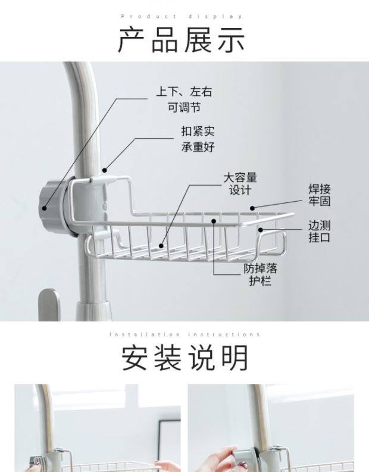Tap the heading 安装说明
(x=185, y=358)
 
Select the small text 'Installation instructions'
(x=185, y=335)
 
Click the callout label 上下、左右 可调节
(x=184, y=99)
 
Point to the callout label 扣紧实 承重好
(x=198, y=139)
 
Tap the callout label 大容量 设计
(x=240, y=184)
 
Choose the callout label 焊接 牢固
(x=319, y=195)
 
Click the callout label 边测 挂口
(x=319, y=232)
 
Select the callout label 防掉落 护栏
(x=259, y=274)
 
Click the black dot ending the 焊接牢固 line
(x=252, y=208)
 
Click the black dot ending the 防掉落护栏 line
(x=214, y=221)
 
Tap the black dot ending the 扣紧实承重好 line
(x=105, y=169)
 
